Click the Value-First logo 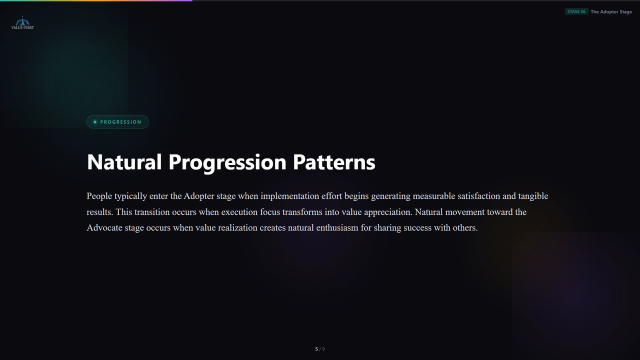tap(22, 23)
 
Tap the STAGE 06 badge tap(576, 11)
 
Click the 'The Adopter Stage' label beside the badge tap(611, 11)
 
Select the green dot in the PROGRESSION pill tap(95, 122)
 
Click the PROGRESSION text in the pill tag tap(120, 122)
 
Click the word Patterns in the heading tap(334, 162)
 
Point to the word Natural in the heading tap(124, 162)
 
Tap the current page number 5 tap(316, 349)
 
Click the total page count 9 tap(323, 349)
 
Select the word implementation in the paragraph tap(289, 196)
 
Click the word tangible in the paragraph tap(533, 196)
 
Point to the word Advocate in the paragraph tap(104, 227)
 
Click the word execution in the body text tap(239, 212)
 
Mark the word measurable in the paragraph tap(434, 196)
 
